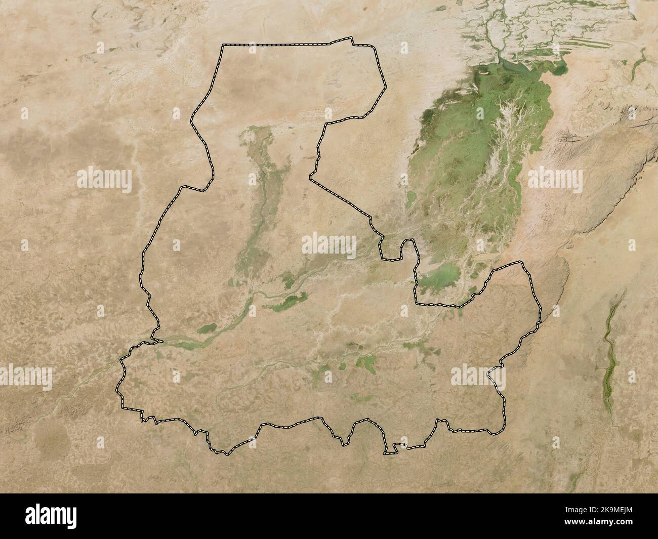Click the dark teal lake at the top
(511, 64)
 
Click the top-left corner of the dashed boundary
(223, 46)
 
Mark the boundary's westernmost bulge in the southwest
(117, 390)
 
